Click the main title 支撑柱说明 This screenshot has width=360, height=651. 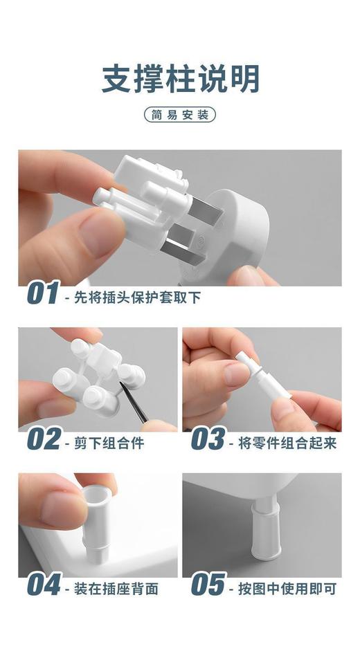180,78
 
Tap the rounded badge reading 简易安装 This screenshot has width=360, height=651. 180,115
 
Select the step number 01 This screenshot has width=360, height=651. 42,294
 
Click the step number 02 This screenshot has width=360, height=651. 43,440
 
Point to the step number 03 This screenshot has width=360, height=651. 207,440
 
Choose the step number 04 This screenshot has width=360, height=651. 44,586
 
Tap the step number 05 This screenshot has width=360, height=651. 208,586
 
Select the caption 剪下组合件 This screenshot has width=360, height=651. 108,443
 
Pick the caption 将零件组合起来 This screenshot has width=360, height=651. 287,443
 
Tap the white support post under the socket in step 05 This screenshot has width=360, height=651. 267,534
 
